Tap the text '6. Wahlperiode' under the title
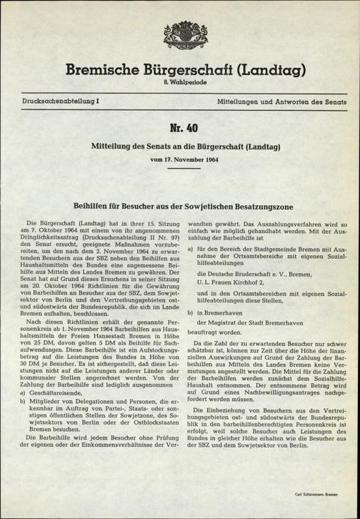tap(180, 84)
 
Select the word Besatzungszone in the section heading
tap(263, 185)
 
